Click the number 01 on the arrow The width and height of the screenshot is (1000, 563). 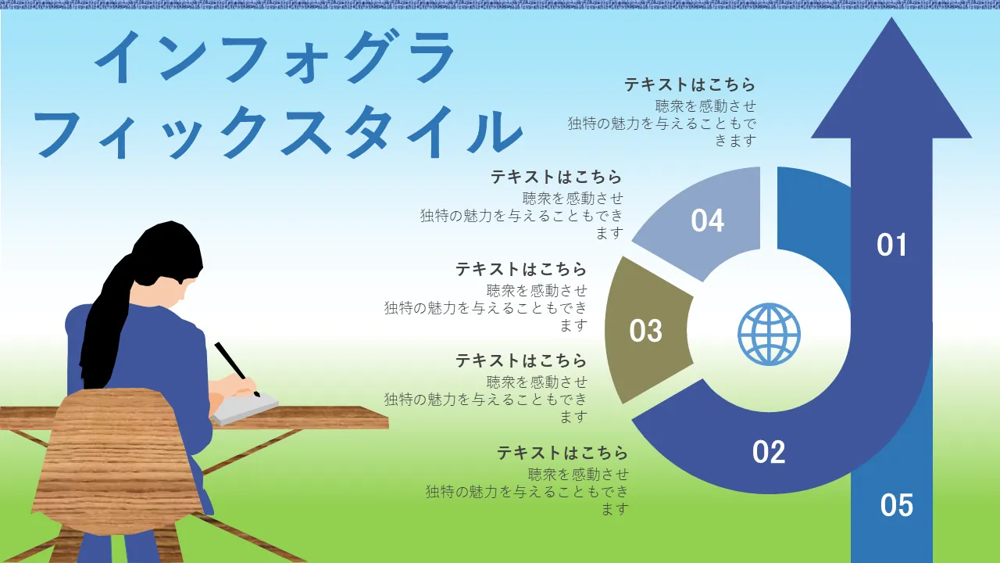click(x=891, y=245)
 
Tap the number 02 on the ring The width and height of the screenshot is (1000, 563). click(x=769, y=452)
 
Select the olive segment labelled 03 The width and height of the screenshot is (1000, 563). click(x=645, y=330)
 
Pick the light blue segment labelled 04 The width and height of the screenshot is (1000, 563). click(x=708, y=221)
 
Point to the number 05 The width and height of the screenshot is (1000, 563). click(x=896, y=505)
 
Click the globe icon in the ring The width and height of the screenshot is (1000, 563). click(x=769, y=334)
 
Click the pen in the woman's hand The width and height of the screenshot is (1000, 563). click(x=237, y=369)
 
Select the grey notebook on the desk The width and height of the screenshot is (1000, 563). click(x=245, y=408)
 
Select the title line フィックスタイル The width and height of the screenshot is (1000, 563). click(x=277, y=132)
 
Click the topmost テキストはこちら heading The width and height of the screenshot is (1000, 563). click(x=690, y=84)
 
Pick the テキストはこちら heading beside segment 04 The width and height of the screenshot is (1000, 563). click(x=556, y=177)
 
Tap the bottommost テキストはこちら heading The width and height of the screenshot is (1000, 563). click(x=562, y=453)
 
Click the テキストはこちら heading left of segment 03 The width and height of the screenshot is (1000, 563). click(x=521, y=269)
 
